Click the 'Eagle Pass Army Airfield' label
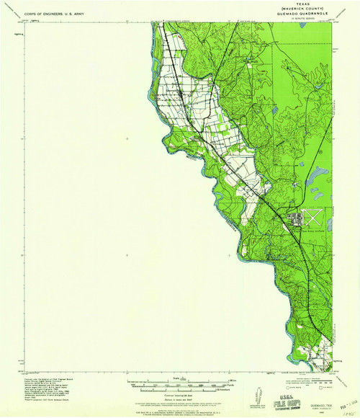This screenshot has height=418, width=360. click(x=301, y=231)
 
